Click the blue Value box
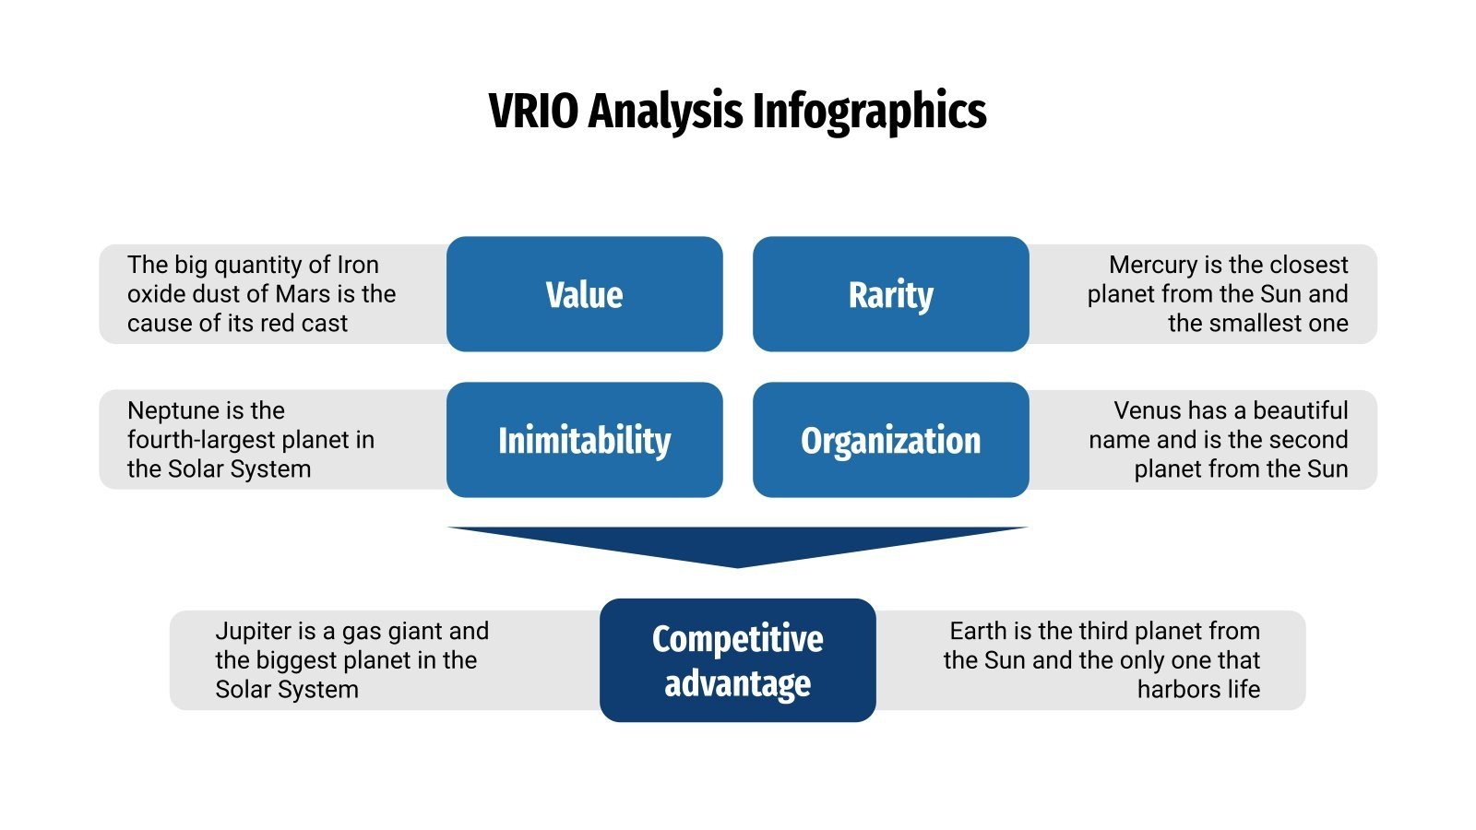(x=584, y=294)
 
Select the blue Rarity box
(x=890, y=294)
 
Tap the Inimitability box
(x=584, y=440)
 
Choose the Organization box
(x=890, y=440)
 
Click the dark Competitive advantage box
(x=737, y=660)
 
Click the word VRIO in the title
(x=533, y=111)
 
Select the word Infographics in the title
(x=869, y=111)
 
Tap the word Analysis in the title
(x=664, y=111)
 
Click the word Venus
(x=1145, y=410)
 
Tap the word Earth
(x=977, y=631)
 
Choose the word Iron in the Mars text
(x=358, y=265)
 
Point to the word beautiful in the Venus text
(x=1301, y=410)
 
